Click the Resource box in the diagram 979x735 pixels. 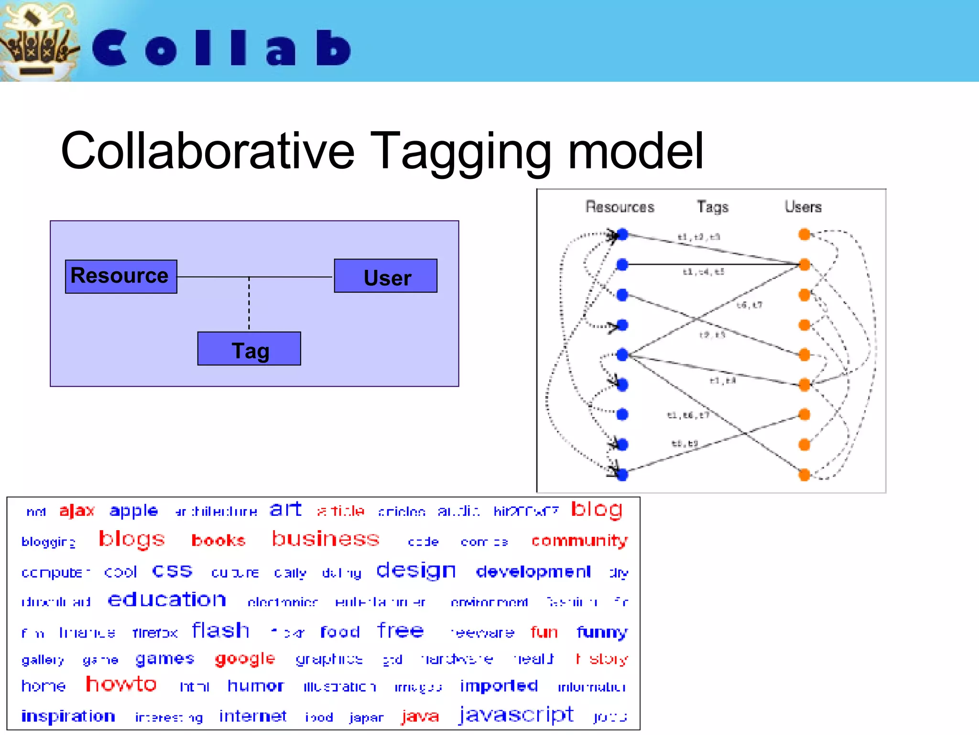121,277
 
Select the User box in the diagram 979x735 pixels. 385,276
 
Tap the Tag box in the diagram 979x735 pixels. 249,349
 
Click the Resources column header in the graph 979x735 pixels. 620,207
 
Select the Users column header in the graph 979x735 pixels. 803,207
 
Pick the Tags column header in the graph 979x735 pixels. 712,207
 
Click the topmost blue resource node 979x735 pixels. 622,234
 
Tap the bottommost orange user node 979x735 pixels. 805,475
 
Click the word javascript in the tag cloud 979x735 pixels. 516,714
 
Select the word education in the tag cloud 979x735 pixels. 167,600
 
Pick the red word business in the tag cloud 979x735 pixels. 326,539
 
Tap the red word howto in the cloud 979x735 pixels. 121,684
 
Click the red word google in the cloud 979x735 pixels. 245,659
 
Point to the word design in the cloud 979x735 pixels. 416,570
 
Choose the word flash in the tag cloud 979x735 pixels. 220,630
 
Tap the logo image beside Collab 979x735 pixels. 38,41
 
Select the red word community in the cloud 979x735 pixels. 579,540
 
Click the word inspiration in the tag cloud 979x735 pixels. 68,716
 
